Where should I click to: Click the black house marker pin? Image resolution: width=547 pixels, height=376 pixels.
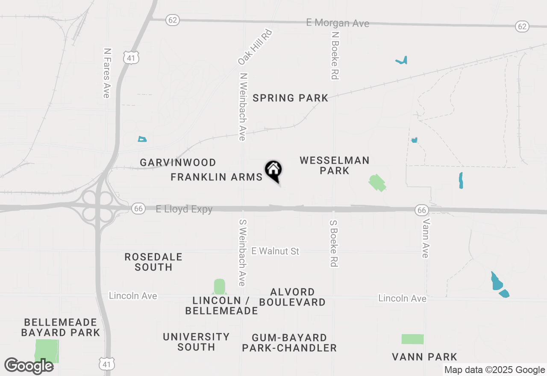coord(273,170)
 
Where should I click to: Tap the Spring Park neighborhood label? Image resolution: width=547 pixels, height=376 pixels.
coord(290,98)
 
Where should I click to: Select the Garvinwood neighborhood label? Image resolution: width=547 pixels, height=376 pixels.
coord(178,162)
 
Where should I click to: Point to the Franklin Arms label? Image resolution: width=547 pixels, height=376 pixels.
coord(216,177)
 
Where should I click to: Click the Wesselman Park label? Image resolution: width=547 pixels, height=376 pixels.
coord(334,165)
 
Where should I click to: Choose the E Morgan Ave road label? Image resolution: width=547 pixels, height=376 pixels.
coord(338,23)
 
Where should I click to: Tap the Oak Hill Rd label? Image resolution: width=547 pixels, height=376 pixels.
coord(255,47)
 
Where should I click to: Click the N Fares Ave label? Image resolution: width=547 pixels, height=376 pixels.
coord(107,73)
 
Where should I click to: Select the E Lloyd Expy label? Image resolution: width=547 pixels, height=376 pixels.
coord(184,209)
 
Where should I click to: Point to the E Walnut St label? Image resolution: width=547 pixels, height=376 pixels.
coord(275,251)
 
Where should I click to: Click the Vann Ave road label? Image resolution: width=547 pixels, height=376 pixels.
coord(425,238)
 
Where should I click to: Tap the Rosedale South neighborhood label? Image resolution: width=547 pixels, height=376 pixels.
coord(153,262)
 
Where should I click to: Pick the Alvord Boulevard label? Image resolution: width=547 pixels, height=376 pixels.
coord(292,297)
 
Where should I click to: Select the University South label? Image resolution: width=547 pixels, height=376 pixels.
coord(196,342)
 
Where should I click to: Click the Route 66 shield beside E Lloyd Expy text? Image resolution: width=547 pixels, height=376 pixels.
coord(138,209)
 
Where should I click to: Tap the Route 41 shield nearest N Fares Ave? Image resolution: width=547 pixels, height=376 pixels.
coord(130,58)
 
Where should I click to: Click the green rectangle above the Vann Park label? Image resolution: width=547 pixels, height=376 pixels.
coord(412,339)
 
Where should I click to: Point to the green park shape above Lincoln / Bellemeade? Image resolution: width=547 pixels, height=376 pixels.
coord(219,286)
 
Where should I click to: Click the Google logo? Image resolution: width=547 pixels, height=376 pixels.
coord(29,366)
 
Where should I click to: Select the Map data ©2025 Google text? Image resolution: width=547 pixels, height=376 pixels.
coord(494,370)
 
